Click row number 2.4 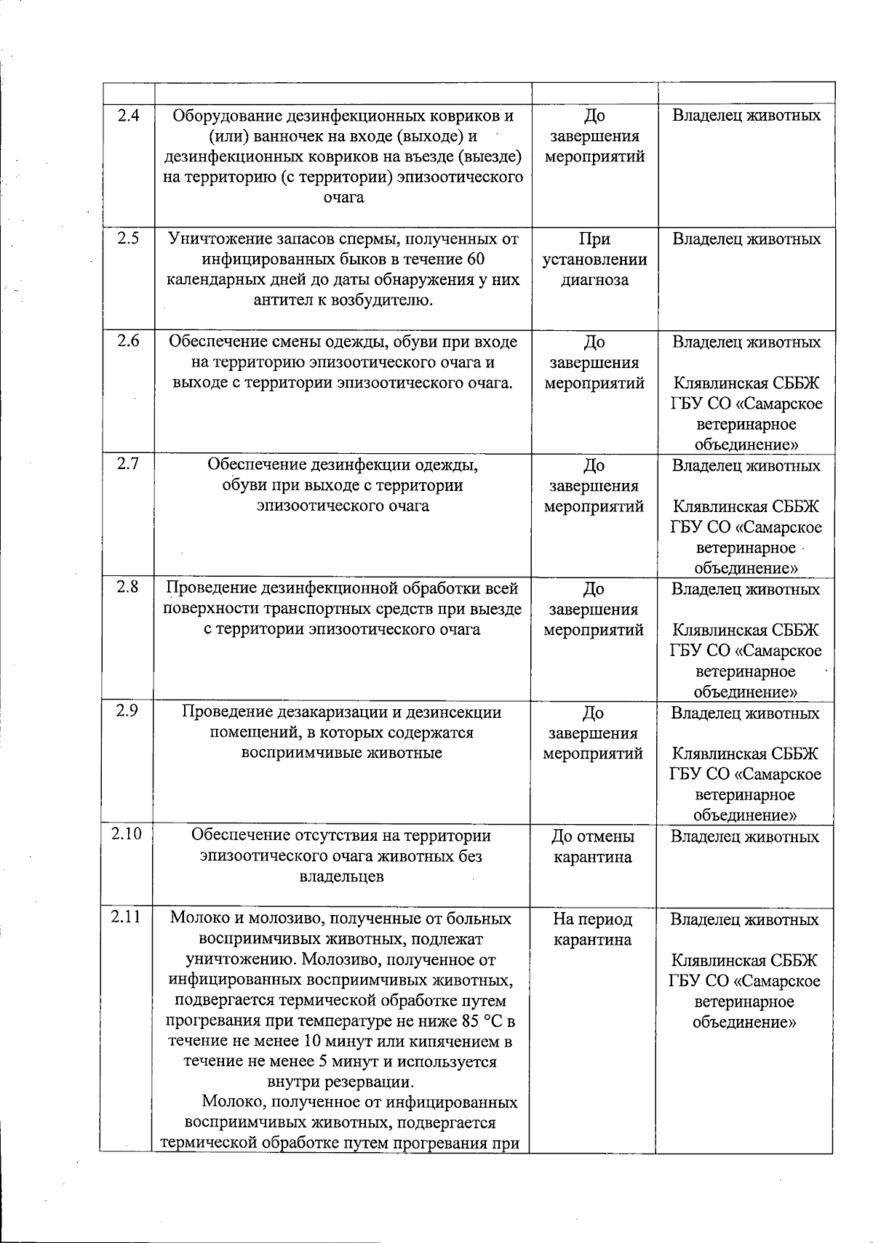click(x=128, y=115)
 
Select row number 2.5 click(x=128, y=239)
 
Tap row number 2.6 click(x=128, y=341)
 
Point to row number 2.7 click(x=128, y=465)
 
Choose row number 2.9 click(x=128, y=712)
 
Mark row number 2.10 click(x=127, y=836)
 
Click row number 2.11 click(x=127, y=918)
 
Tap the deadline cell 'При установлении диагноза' click(x=594, y=260)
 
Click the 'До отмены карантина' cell click(x=593, y=847)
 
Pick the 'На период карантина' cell click(x=593, y=930)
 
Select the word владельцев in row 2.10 click(x=342, y=877)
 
